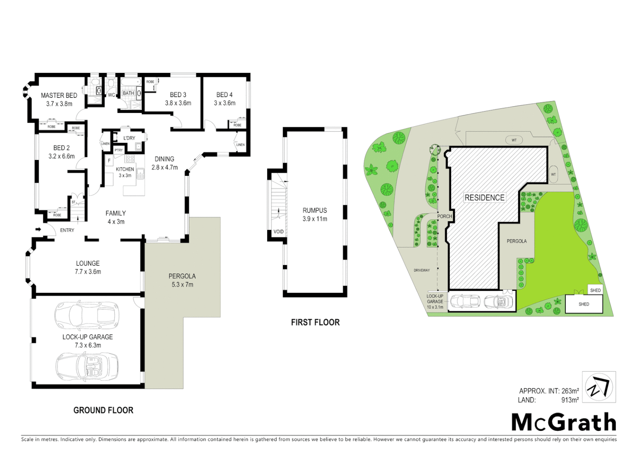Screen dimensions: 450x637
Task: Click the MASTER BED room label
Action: coord(59,95)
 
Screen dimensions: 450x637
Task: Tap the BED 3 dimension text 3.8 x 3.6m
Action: coord(178,103)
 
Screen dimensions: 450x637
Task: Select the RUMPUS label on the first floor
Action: coord(315,210)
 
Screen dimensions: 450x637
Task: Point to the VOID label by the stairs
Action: coord(278,232)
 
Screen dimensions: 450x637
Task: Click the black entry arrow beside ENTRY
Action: coord(38,229)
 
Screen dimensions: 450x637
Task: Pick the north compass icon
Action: coord(599,387)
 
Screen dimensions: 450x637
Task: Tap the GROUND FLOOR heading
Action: coord(103,410)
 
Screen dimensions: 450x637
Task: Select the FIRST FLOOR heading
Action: coord(315,322)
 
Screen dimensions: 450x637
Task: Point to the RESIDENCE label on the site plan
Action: coord(484,197)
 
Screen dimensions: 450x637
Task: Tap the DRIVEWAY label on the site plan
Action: coord(421,270)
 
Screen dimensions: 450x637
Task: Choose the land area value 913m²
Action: coord(570,400)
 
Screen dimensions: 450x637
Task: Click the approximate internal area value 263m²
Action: coord(570,391)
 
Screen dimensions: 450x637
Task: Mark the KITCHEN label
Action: coord(125,169)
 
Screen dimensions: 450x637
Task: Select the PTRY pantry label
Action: coord(119,150)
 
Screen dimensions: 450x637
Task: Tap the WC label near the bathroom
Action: coord(111,95)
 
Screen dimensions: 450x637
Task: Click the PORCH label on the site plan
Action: coord(444,216)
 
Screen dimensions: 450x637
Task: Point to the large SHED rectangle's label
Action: coord(584,304)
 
